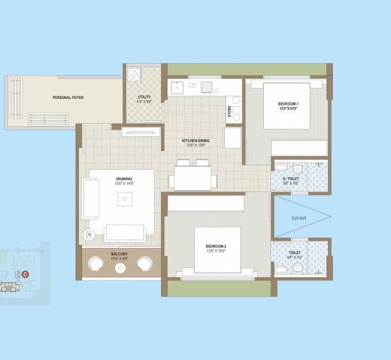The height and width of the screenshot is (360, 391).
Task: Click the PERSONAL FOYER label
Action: pyautogui.click(x=68, y=98)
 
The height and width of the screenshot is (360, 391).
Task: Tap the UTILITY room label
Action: pyautogui.click(x=143, y=97)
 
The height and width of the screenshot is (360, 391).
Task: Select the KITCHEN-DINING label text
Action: pyautogui.click(x=194, y=141)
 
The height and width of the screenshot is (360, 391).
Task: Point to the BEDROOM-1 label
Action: pyautogui.click(x=287, y=105)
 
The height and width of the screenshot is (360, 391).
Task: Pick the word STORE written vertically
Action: pyautogui.click(x=229, y=111)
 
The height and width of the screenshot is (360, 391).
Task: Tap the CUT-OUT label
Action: pyautogui.click(x=299, y=218)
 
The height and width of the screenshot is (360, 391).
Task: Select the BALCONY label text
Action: pyautogui.click(x=119, y=253)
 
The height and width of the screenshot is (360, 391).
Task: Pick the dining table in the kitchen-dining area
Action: pyautogui.click(x=193, y=176)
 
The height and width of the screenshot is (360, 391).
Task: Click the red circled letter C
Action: pyautogui.click(x=25, y=274)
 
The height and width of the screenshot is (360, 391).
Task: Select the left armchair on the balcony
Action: pyautogui.click(x=96, y=264)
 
